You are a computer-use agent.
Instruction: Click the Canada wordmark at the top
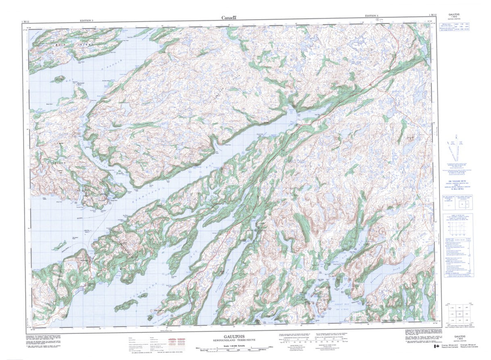point(229,17)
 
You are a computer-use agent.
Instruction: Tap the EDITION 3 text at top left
point(87,20)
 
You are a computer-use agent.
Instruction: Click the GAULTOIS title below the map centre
point(228,335)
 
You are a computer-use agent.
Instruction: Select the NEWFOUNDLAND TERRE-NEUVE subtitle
point(228,340)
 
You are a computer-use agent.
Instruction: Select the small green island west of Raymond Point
point(58,79)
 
